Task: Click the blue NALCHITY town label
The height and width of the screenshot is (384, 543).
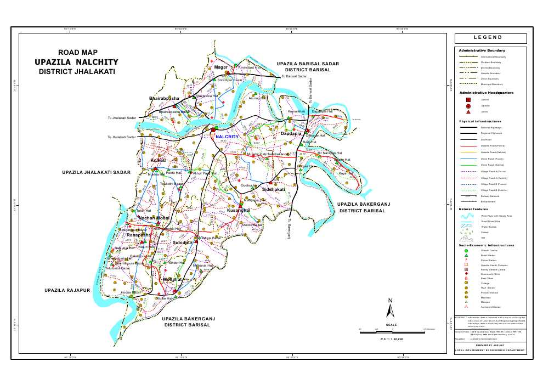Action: pyautogui.click(x=227, y=136)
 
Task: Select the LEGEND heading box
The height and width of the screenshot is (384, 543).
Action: pyautogui.click(x=490, y=38)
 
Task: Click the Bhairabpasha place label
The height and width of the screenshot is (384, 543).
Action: pyautogui.click(x=164, y=98)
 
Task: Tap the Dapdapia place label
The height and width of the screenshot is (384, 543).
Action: pyautogui.click(x=291, y=133)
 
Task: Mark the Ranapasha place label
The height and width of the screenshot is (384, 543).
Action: pyautogui.click(x=139, y=235)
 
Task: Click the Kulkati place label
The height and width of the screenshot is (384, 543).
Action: pyautogui.click(x=158, y=160)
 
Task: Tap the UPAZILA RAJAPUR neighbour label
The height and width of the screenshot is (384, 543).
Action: pyautogui.click(x=66, y=289)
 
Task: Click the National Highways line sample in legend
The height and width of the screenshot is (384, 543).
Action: pyautogui.click(x=468, y=127)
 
